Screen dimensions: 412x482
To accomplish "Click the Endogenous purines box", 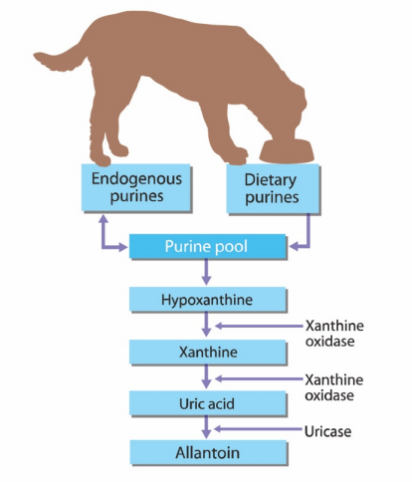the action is coord(136,187).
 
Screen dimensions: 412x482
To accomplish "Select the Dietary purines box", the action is coord(273,188).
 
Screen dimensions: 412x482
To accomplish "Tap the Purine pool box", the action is coord(207,246).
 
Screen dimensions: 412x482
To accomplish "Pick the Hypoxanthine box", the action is coord(207,300).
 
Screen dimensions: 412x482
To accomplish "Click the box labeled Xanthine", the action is coord(207,352).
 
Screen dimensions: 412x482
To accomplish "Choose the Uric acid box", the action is coord(207,403).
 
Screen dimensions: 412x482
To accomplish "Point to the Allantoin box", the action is coord(208,452).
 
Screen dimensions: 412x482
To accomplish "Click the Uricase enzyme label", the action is coord(327,431).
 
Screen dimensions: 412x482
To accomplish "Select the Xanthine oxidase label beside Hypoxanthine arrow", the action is coord(334,334).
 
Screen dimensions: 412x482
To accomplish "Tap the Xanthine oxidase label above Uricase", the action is coord(333,387).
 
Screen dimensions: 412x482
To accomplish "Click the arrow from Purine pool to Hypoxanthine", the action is coord(206,272).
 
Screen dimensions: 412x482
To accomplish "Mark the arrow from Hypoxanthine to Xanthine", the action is coord(206,324).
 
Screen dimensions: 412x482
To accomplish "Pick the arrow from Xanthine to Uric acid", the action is coord(206,376).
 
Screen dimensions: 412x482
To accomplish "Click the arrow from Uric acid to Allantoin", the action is coord(206,427).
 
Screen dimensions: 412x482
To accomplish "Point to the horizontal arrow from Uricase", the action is coord(259,429).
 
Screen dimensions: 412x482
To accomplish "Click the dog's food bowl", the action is coord(287,151).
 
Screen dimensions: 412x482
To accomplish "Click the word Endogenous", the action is coord(136,179).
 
